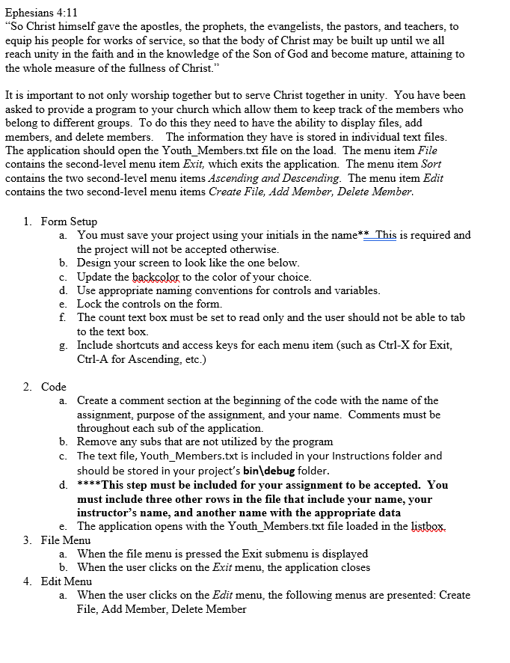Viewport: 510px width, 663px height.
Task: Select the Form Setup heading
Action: pyautogui.click(x=69, y=221)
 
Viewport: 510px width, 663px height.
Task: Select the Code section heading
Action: pyautogui.click(x=54, y=387)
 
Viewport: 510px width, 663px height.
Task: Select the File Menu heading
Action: pyautogui.click(x=66, y=540)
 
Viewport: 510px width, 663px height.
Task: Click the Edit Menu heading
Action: pyautogui.click(x=67, y=581)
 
